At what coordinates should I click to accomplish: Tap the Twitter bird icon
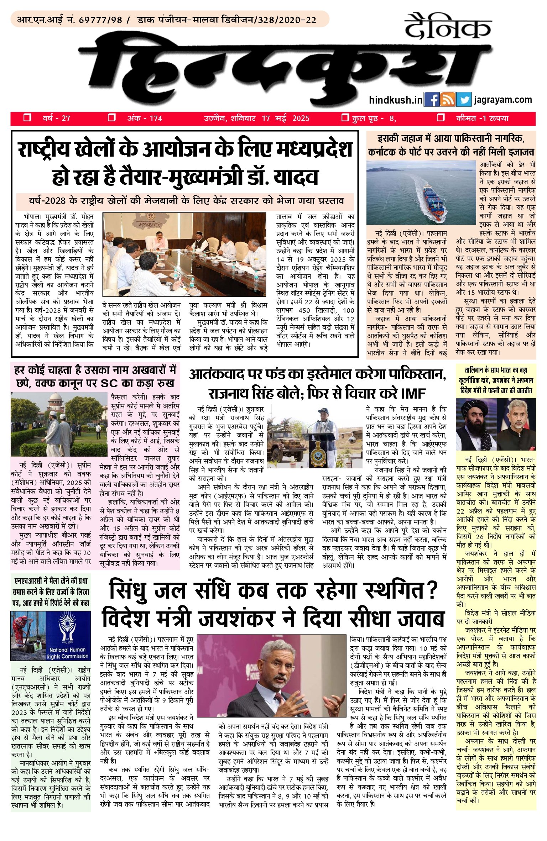click(463, 100)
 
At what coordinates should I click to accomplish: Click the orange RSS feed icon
click(447, 100)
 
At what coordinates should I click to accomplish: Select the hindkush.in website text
click(395, 100)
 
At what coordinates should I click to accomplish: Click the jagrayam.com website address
click(503, 100)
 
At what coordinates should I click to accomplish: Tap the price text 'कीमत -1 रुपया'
click(482, 118)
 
